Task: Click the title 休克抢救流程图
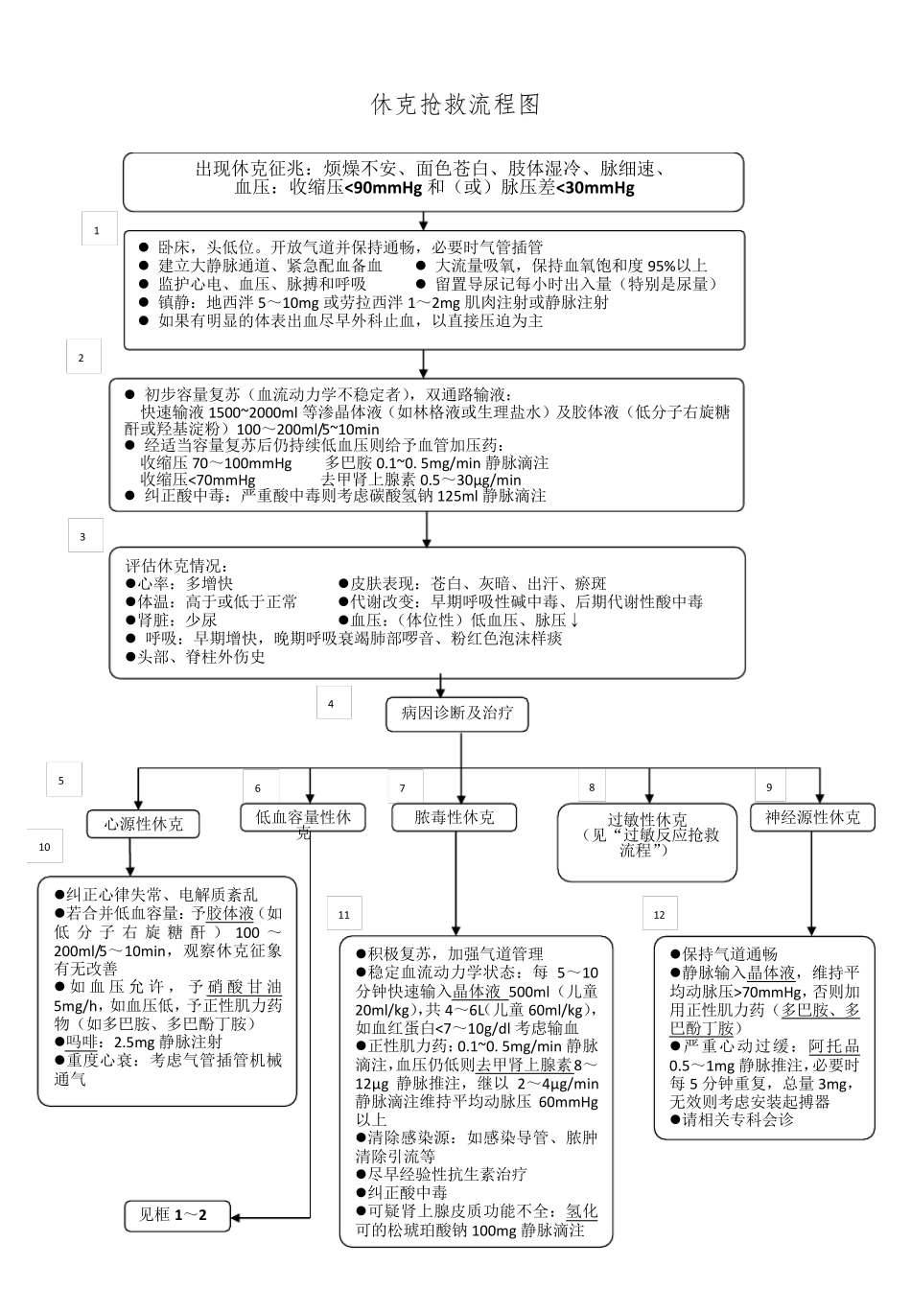point(455,105)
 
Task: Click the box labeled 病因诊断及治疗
point(456,714)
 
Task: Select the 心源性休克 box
point(144,823)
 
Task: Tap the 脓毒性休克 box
point(454,817)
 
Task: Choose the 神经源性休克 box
point(812,817)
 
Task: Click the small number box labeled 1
point(97,230)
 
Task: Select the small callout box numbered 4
point(332,704)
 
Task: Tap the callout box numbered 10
point(45,847)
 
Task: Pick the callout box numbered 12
point(659,914)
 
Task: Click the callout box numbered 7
point(404,787)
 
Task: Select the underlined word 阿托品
point(833,1047)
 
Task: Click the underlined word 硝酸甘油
point(245,987)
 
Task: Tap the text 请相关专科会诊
point(737,1119)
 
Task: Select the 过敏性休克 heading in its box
point(647,820)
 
